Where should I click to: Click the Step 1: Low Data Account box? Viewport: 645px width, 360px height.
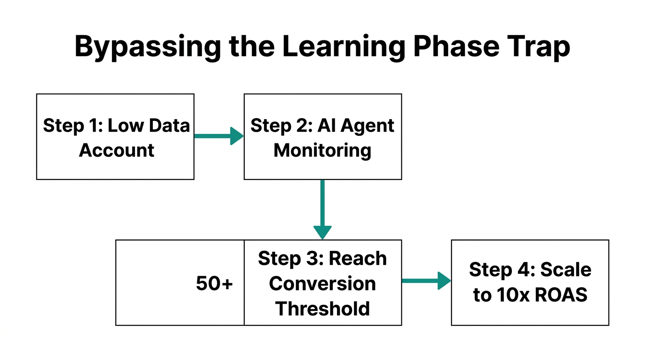click(x=115, y=136)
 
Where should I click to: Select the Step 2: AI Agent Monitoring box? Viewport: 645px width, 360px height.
click(x=322, y=136)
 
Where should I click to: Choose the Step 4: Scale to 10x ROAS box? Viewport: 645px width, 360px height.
click(x=530, y=282)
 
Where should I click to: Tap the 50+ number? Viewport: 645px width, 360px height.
click(x=214, y=284)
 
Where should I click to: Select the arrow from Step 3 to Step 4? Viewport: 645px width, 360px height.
click(x=426, y=281)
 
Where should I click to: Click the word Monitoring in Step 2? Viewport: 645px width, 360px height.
click(x=322, y=150)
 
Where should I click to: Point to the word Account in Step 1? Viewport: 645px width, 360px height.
click(x=117, y=150)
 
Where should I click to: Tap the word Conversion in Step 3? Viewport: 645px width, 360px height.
click(x=322, y=284)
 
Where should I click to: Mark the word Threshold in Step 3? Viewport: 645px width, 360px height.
click(x=322, y=308)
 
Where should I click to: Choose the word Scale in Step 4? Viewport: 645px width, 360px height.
click(x=566, y=270)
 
